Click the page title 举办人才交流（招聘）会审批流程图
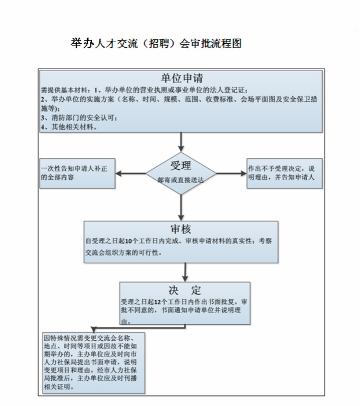pyautogui.click(x=156, y=43)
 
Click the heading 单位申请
pyautogui.click(x=182, y=78)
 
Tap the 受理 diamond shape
pyautogui.click(x=181, y=173)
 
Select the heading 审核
pyautogui.click(x=181, y=229)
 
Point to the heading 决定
pyautogui.click(x=185, y=290)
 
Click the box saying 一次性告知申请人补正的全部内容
pyautogui.click(x=77, y=173)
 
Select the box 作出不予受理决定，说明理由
pyautogui.click(x=285, y=173)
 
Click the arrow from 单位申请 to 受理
pyautogui.click(x=181, y=142)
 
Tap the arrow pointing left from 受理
pyautogui.click(x=131, y=173)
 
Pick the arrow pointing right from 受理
pyautogui.click(x=231, y=173)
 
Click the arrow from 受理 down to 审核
pyautogui.click(x=181, y=208)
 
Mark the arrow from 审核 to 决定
pyautogui.click(x=185, y=272)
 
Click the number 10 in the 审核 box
pyautogui.click(x=129, y=241)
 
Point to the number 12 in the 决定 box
pyautogui.click(x=158, y=302)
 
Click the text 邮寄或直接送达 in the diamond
pyautogui.click(x=181, y=180)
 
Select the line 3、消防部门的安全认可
pyautogui.click(x=79, y=118)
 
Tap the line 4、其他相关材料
pyautogui.click(x=69, y=127)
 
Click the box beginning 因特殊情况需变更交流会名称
pyautogui.click(x=94, y=363)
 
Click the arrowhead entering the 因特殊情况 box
pyautogui.click(x=94, y=330)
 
